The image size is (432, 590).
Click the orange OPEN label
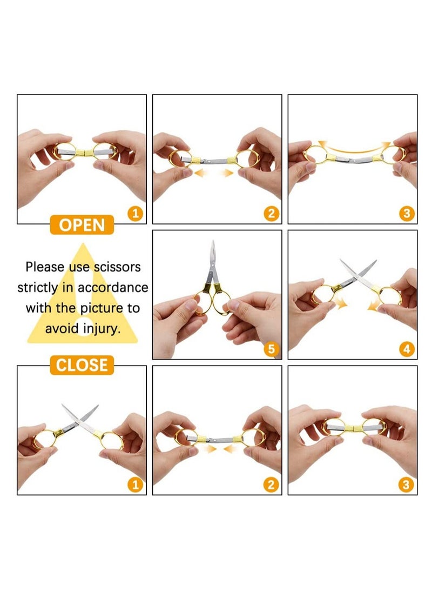click(82, 225)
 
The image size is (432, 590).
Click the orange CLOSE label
click(83, 365)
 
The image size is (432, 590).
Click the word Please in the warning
click(45, 267)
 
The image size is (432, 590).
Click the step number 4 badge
click(407, 349)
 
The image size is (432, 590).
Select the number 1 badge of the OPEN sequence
click(136, 214)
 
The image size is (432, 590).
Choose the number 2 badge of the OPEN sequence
click(272, 214)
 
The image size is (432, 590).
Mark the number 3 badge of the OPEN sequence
click(407, 214)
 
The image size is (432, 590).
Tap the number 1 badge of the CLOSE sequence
click(136, 485)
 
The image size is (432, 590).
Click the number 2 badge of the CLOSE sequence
click(272, 485)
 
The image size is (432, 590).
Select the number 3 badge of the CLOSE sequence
click(407, 485)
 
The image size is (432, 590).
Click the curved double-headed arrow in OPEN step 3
click(353, 147)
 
